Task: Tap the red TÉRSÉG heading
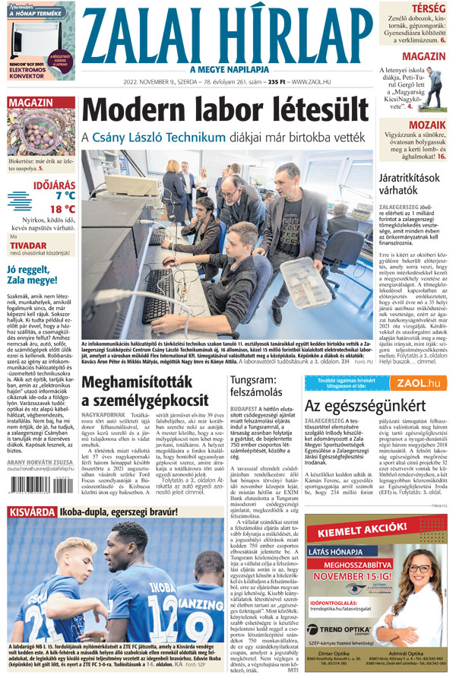[x=429, y=8]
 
